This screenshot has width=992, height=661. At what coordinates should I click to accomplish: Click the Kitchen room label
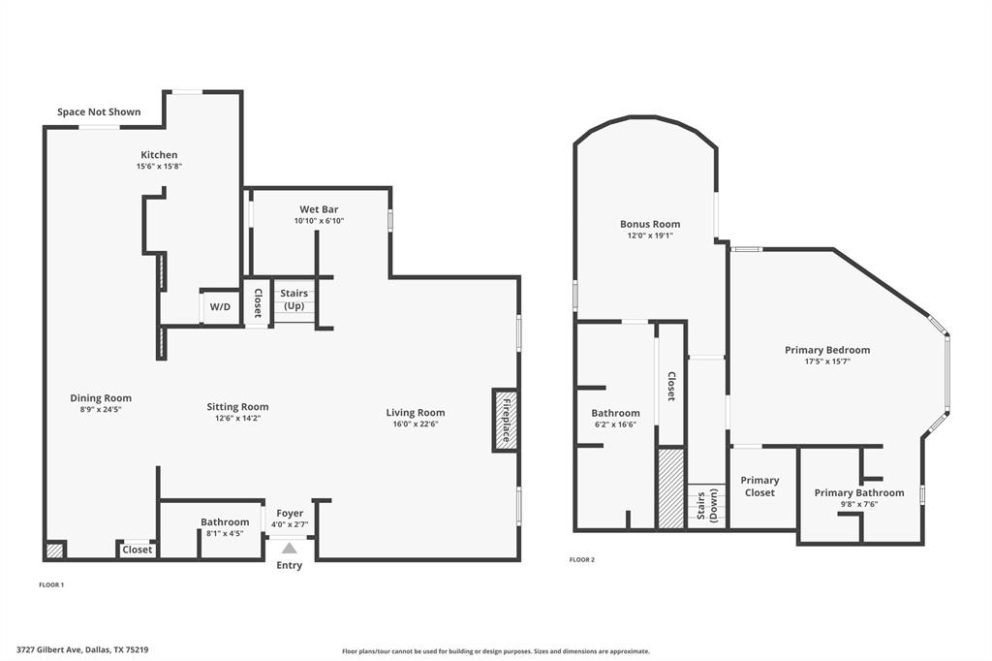pos(159,155)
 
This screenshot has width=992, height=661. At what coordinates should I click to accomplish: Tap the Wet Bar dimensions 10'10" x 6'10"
pos(319,221)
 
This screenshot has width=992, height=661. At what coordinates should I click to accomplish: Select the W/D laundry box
pos(220,307)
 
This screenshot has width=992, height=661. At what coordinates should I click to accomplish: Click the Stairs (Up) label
pos(294,299)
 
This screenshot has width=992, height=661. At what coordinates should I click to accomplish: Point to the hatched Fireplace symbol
pos(505,420)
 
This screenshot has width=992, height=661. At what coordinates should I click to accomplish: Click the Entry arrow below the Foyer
pos(290,549)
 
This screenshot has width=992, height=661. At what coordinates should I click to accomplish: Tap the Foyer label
pos(290,514)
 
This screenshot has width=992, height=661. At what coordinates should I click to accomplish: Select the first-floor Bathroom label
pos(225,522)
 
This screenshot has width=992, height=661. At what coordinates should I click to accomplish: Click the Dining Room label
pos(101,398)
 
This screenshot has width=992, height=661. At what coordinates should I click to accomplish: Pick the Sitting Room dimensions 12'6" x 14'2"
pos(237,419)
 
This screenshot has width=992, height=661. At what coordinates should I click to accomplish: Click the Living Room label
pos(416,413)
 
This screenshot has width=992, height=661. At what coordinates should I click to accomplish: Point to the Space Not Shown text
pos(99,112)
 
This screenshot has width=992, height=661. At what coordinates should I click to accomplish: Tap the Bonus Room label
pos(650,224)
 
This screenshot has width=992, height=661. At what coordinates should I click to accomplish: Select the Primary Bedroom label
pos(827,350)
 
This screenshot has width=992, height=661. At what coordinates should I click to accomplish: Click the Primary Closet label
pos(759,487)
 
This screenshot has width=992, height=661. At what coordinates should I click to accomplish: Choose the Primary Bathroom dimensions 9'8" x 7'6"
pos(858,504)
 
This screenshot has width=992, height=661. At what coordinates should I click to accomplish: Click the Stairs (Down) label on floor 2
pos(707,506)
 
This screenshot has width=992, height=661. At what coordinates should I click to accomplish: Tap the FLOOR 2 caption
pos(581,560)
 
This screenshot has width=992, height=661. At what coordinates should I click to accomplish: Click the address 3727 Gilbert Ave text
pos(82,650)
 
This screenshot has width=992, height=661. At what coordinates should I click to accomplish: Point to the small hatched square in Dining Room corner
pos(55,551)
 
